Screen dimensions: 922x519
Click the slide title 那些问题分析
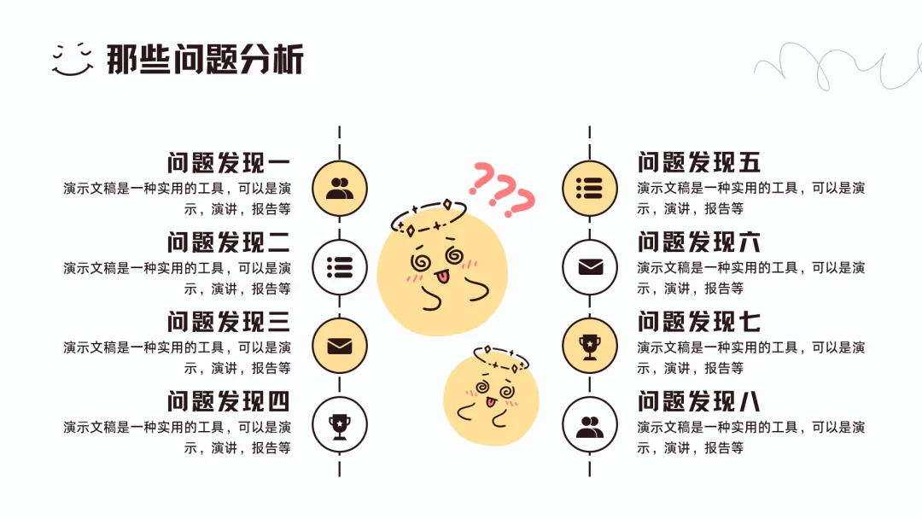[205, 60]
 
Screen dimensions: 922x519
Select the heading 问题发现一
[229, 163]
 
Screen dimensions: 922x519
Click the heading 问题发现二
[229, 242]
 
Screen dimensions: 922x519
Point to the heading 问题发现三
[229, 322]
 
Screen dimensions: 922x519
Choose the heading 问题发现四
[229, 401]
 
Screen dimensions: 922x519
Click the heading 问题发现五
[699, 163]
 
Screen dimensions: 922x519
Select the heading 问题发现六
[699, 242]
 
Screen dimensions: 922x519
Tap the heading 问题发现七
[699, 322]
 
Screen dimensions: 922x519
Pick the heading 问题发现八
[699, 401]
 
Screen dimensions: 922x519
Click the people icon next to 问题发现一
[340, 188]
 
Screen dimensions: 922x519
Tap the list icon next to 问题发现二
[340, 267]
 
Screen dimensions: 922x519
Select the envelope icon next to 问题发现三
[340, 347]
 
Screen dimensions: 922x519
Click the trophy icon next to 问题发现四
[340, 424]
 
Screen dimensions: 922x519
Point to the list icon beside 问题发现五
[589, 188]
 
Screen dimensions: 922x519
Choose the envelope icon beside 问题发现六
[589, 267]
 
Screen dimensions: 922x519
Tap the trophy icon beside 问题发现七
[589, 346]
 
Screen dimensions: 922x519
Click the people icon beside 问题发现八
[589, 424]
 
